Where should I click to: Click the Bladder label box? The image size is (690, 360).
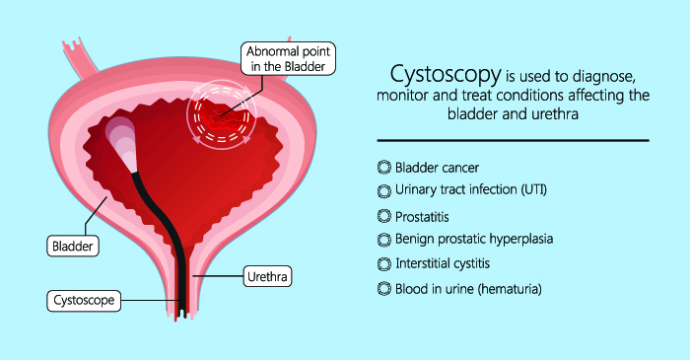pos(73,246)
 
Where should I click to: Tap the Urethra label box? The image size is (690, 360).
pos(267,276)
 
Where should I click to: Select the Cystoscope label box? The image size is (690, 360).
pos(84,301)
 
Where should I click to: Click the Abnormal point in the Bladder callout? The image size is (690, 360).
pos(288,58)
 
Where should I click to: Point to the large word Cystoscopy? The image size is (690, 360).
pos(446,75)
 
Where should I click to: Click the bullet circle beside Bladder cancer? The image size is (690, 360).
pos(384,168)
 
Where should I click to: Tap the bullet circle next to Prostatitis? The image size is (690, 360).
pos(384,216)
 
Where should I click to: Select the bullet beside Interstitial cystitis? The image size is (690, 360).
pos(384,264)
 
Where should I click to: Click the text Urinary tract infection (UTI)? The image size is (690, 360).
pos(471,189)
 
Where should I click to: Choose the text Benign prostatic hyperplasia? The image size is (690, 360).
pos(474,239)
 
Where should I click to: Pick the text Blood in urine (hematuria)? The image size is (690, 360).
pos(468,289)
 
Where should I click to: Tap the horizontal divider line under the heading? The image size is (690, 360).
pos(514,140)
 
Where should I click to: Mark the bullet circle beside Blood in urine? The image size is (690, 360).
pos(384,289)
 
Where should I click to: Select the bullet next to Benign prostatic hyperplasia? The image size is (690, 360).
pos(384,240)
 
